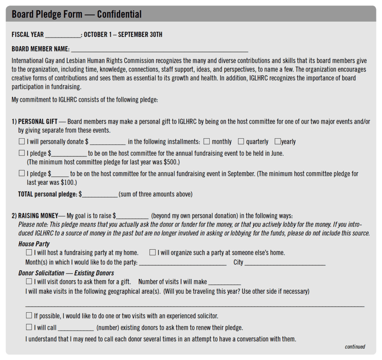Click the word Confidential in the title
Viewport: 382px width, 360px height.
pos(119,15)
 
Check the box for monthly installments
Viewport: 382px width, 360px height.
pos(207,142)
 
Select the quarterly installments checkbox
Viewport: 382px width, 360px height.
pos(241,142)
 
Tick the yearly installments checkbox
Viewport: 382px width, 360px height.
pos(278,142)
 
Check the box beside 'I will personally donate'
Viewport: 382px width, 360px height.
pos(22,142)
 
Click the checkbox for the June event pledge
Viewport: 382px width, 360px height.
pos(22,153)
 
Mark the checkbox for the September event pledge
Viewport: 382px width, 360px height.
pos(22,173)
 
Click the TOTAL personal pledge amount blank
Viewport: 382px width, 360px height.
pos(100,195)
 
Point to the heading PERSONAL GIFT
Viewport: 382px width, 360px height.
pos(38,121)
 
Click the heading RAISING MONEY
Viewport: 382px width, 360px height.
pos(38,216)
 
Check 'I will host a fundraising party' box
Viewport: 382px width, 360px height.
pos(29,253)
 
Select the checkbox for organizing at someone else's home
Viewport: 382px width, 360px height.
pos(153,253)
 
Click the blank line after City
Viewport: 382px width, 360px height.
pos(285,263)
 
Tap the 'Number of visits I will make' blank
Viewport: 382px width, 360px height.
pos(224,283)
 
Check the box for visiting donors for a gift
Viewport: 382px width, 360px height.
pos(29,282)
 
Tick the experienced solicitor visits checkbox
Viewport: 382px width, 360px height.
pos(29,316)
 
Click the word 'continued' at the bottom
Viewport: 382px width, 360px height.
pos(355,347)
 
